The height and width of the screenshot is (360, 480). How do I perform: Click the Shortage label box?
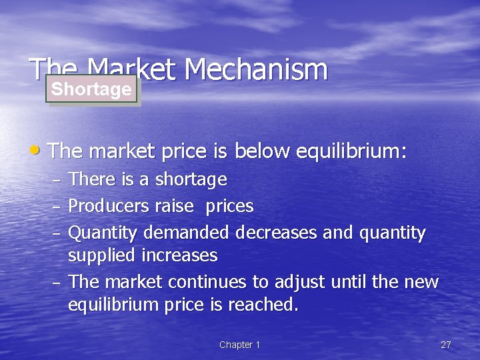[x=91, y=89]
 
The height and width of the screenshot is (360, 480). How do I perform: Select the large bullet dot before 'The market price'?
[x=39, y=150]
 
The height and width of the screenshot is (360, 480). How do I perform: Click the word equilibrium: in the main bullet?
[x=351, y=151]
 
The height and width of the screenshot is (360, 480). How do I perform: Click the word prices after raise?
[x=229, y=207]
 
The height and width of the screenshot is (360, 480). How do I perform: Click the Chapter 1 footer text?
[x=239, y=345]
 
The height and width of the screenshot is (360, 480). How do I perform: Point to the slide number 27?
[x=446, y=345]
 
